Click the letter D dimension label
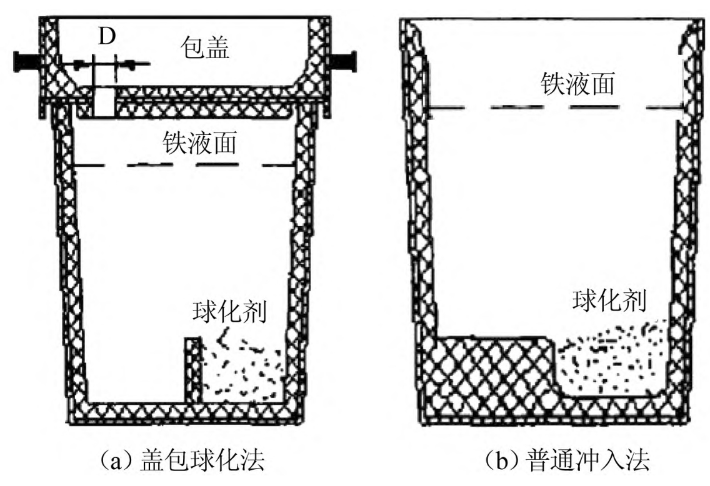click(107, 37)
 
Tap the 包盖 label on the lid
click(204, 47)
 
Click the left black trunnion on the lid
click(27, 61)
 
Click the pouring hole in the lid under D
click(104, 101)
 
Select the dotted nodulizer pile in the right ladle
click(606, 359)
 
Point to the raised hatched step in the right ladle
click(487, 369)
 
